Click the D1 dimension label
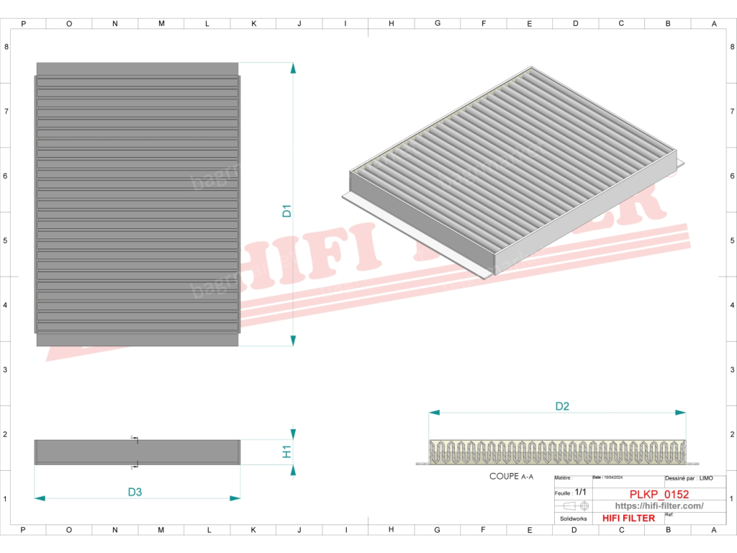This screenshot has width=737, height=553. point(286,211)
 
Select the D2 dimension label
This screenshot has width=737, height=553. point(562,406)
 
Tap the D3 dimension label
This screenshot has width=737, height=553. point(135,493)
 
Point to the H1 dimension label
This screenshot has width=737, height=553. point(286,451)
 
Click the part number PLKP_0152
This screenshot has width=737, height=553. point(659,494)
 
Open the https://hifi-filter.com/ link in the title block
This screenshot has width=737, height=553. point(659,506)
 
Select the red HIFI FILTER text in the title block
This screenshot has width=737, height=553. point(628,518)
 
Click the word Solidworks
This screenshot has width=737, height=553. point(574,518)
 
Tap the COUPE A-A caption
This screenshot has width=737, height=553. point(511,477)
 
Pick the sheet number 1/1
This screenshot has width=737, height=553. point(581,492)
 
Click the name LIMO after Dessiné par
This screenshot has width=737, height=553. point(707,478)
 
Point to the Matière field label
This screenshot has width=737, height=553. point(563,478)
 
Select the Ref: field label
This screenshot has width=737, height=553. point(669,515)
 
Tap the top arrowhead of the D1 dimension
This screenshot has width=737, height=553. point(293,68)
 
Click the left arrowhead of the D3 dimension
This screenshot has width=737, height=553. point(40,498)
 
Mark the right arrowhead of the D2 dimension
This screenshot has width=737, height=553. point(681,413)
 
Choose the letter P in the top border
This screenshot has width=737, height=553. point(23,23)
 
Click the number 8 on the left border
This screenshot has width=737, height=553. point(6,47)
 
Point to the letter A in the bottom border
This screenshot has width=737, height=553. point(714,530)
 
